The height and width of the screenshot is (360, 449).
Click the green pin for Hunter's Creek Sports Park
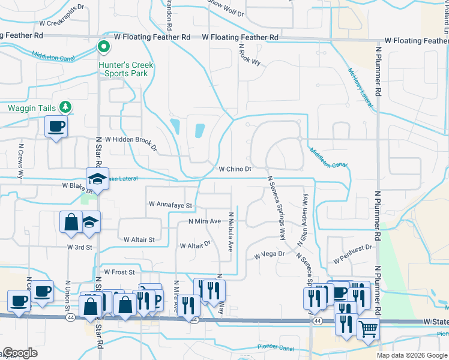(x=103, y=46)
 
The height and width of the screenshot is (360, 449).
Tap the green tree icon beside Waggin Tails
(x=65, y=107)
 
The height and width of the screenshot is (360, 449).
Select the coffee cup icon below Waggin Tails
(x=56, y=127)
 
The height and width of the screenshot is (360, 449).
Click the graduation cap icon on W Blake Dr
(x=96, y=179)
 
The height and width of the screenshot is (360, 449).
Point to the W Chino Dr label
(x=235, y=169)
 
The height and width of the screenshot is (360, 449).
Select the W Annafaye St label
(x=170, y=205)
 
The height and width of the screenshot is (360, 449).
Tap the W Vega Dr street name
(x=269, y=254)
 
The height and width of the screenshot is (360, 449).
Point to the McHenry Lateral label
(x=360, y=88)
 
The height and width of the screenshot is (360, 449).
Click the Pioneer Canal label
(x=275, y=347)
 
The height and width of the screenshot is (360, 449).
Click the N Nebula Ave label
(x=229, y=231)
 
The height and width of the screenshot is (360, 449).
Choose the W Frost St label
(x=119, y=272)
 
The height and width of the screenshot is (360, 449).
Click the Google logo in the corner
(x=20, y=353)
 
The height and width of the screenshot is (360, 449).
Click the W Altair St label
(x=139, y=239)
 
